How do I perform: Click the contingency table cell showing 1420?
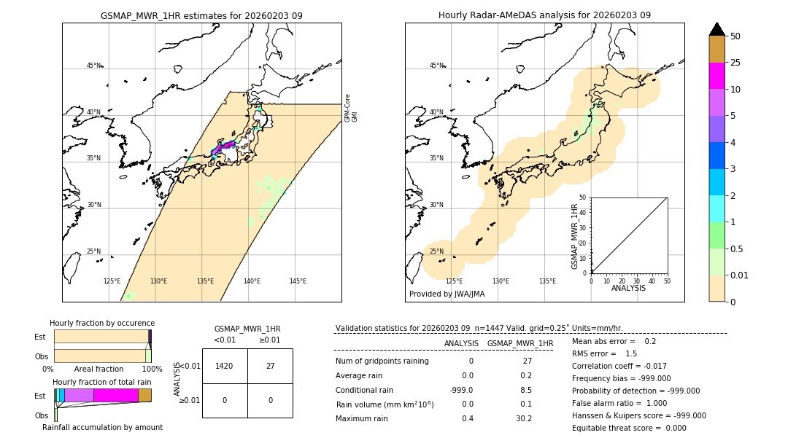coord(225,366)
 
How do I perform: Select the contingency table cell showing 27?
coord(270,366)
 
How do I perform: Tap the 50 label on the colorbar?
coord(735,36)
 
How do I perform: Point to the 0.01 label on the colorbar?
coord(740,275)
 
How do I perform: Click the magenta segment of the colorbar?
coord(716,76)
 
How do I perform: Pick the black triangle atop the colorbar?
coord(716,29)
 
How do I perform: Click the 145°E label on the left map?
coord(298,281)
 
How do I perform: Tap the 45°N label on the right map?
coord(436,66)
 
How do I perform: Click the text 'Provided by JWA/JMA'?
coord(447,294)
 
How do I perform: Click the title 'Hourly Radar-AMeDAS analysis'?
coord(544,15)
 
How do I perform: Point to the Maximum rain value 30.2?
coord(523,418)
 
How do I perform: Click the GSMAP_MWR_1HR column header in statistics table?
coord(520,343)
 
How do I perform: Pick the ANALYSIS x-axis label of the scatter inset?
coord(628,288)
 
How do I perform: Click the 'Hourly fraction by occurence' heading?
coord(102,323)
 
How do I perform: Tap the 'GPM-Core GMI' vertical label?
coord(351,108)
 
